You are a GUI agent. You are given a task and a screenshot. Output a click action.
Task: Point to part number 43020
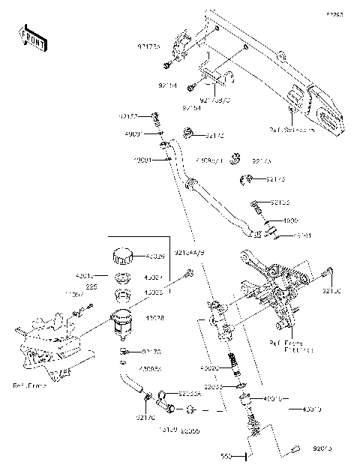click(209, 370)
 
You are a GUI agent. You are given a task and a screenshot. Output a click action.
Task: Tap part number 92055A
click(190, 393)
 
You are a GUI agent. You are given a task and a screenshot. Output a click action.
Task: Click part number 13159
click(168, 430)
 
